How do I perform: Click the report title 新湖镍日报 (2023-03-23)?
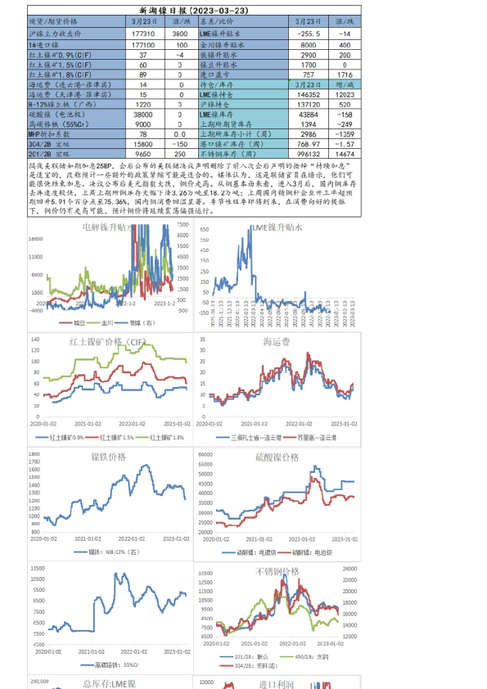pos(195,7)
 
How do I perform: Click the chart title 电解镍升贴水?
pos(110,228)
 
